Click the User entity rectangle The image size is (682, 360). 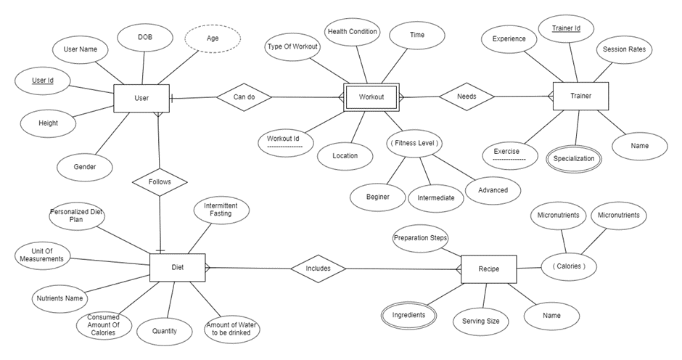141,98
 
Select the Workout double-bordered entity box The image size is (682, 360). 371,97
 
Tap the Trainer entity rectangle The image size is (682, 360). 580,96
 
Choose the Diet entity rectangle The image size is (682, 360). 177,267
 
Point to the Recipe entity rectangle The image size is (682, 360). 488,269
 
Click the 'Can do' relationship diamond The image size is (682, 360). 242,97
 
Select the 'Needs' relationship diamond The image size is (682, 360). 467,96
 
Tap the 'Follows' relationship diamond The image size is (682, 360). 160,181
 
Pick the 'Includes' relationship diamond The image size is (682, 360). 318,269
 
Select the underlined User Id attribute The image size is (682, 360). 43,81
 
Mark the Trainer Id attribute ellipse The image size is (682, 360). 567,29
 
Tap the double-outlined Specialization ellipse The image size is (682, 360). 574,158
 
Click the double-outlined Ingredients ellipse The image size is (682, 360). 408,315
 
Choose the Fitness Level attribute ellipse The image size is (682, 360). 414,143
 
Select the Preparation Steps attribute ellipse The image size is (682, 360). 421,238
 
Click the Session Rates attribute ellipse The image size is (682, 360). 623,50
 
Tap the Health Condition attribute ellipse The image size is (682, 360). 352,32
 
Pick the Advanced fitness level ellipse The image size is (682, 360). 493,190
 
